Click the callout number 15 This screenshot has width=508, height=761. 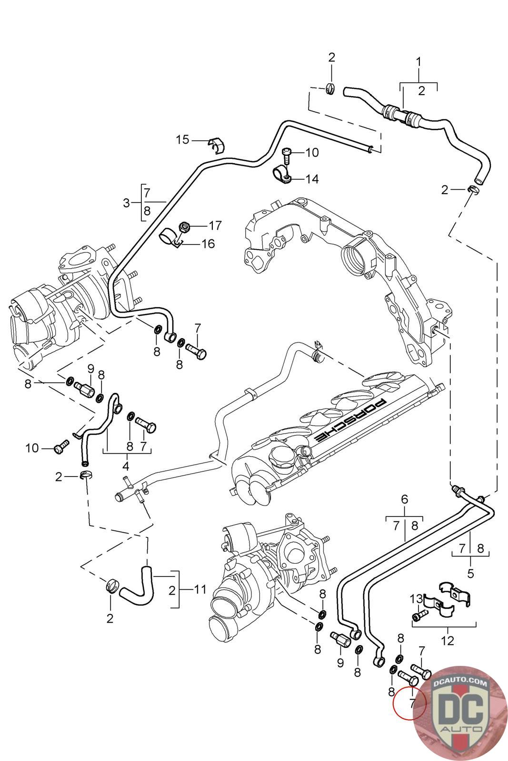click(183, 140)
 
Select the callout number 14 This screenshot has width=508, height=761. click(312, 179)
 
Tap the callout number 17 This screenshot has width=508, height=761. click(215, 224)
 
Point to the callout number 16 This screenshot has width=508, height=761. click(208, 244)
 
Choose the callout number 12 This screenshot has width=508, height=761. click(448, 641)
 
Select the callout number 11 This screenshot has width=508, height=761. click(200, 590)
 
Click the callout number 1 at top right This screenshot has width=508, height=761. click(418, 62)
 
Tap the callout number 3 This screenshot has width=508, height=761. click(126, 203)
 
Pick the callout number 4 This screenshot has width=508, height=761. click(126, 464)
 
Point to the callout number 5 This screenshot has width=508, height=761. click(470, 574)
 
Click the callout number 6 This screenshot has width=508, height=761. click(405, 499)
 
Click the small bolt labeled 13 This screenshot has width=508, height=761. click(418, 616)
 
